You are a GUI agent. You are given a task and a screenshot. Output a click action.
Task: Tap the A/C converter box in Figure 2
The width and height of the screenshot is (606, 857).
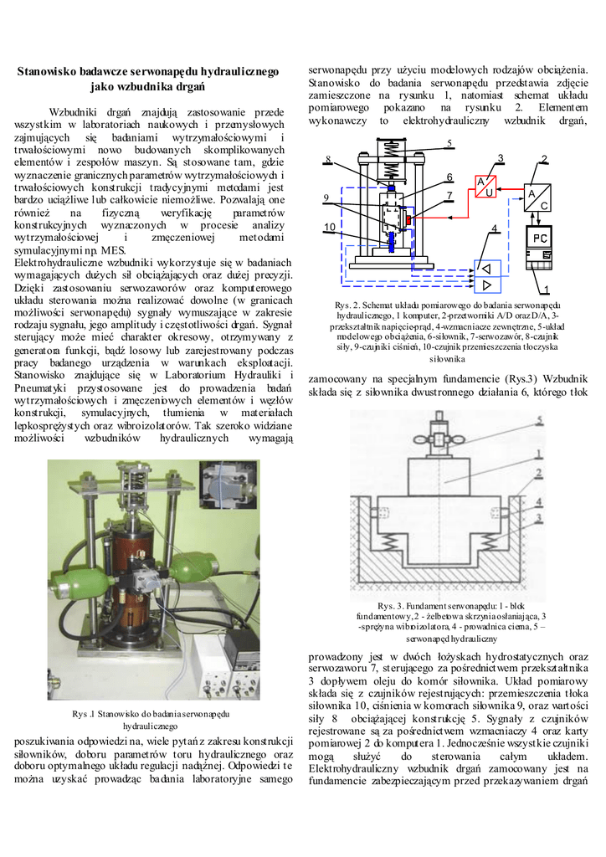coord(538,198)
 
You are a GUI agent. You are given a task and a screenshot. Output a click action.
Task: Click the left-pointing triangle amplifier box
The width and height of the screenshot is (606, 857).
coord(486,268)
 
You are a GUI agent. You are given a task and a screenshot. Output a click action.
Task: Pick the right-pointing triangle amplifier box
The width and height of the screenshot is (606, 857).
coord(486,287)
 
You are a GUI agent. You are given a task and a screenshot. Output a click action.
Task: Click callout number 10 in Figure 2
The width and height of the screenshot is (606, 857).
coord(330,227)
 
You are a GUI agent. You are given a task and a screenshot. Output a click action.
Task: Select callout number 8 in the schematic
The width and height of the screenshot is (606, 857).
coord(329,159)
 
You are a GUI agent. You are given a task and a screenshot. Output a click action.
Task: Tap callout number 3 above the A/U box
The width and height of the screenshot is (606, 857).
coord(501,158)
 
